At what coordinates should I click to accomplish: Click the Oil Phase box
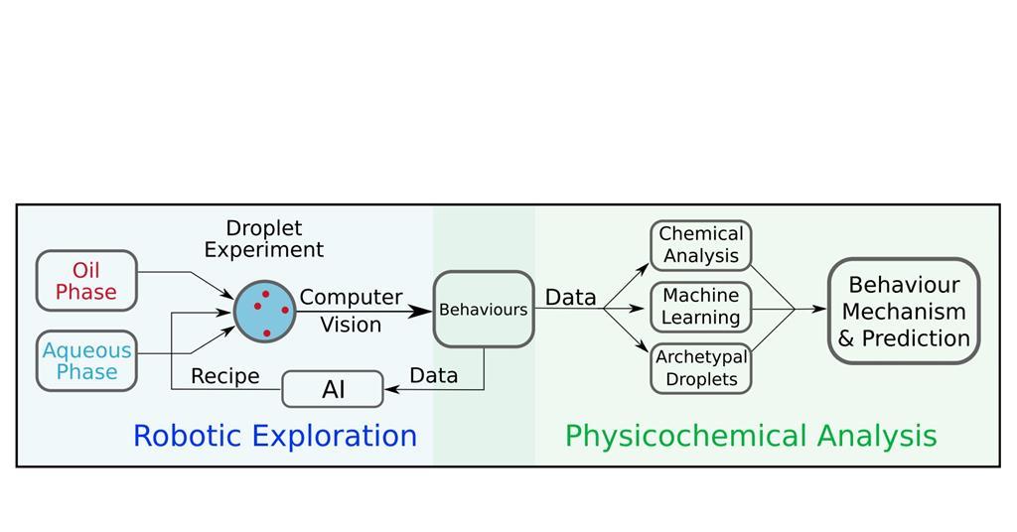(x=86, y=281)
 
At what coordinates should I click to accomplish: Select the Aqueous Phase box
(x=86, y=361)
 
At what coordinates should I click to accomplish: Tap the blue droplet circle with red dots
(x=265, y=311)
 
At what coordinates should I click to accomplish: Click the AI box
(x=333, y=389)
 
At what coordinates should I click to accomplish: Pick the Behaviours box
(x=484, y=310)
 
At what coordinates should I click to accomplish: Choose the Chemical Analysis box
(x=701, y=245)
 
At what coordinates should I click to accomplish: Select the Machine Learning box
(x=701, y=307)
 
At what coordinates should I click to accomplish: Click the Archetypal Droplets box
(x=701, y=368)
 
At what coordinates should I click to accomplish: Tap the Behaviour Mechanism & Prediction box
(x=904, y=312)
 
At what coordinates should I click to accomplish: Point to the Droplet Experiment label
(x=264, y=239)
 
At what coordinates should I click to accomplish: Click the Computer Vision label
(x=351, y=311)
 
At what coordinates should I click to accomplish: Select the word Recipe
(x=225, y=376)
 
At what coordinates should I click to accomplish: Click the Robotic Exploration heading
(x=275, y=436)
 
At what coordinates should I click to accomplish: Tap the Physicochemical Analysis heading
(x=751, y=436)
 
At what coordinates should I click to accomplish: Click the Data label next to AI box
(x=434, y=375)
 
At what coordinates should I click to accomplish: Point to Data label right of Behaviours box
(x=571, y=297)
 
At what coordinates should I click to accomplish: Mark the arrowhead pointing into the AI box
(x=391, y=389)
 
